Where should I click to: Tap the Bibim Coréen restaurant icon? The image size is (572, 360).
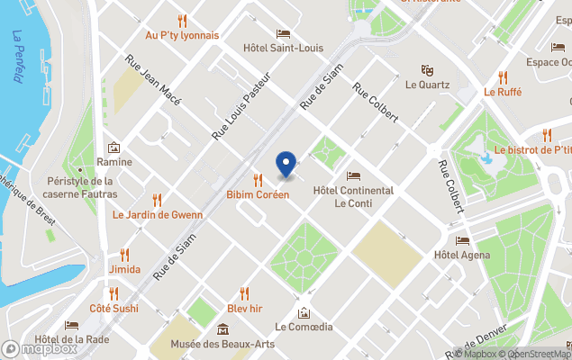pos(258,179)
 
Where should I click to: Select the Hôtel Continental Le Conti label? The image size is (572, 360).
pos(352,197)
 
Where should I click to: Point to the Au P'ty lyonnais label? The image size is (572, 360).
pos(182,35)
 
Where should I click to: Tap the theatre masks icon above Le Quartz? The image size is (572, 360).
pos(427,69)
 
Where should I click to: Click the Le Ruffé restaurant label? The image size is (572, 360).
pos(503,91)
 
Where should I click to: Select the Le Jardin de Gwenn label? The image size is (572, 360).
pos(157,215)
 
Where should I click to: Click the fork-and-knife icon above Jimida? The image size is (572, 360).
pos(124,255)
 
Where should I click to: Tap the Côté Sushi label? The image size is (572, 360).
pos(113,308)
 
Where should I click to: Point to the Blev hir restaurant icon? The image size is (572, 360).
pos(244,292)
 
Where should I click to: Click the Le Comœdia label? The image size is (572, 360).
pos(304,327)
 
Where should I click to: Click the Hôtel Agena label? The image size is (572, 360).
pos(462,255)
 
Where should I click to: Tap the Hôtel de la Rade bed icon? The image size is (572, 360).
pos(71,326)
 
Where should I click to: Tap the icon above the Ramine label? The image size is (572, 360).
pos(113,148)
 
